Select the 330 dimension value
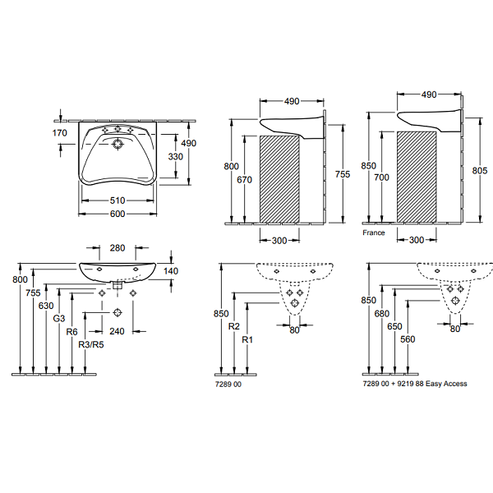(175, 155)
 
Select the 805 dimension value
(479, 170)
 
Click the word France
(374, 233)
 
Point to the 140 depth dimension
(171, 270)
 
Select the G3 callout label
(59, 318)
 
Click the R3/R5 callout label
(90, 345)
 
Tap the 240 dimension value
(117, 332)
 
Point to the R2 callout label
(234, 326)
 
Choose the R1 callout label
(248, 339)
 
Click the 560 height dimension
(408, 339)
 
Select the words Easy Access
(446, 384)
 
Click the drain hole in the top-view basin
(117, 145)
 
